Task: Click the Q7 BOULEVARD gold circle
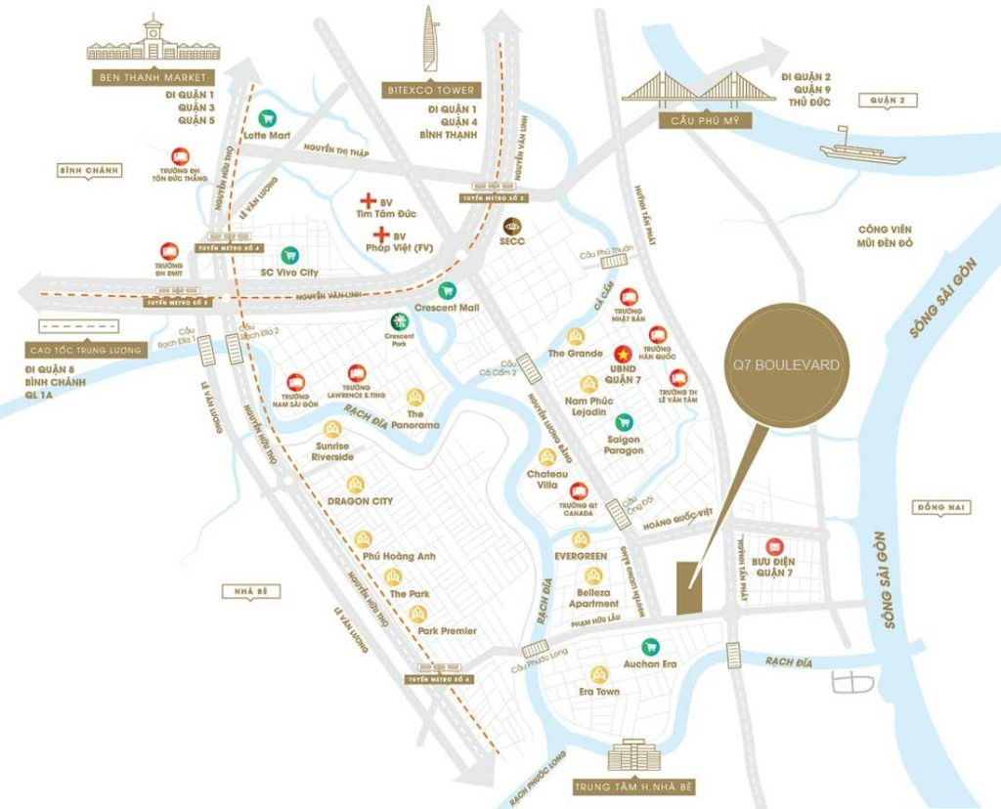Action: click(x=787, y=365)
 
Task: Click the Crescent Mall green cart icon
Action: click(x=447, y=290)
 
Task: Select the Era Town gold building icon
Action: click(x=598, y=674)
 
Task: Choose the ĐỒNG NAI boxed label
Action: click(x=934, y=507)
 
